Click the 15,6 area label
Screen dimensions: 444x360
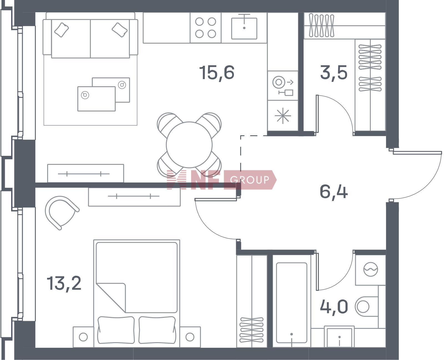(x=217, y=72)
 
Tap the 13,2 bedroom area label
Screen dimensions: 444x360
(x=64, y=284)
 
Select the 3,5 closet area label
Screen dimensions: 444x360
(x=334, y=72)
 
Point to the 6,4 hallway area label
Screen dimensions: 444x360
(x=334, y=192)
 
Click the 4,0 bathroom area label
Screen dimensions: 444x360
(x=334, y=306)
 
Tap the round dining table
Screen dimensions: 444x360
(x=189, y=145)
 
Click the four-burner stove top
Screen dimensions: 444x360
(x=206, y=28)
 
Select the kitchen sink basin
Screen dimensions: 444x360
(x=244, y=28)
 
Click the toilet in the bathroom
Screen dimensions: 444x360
(x=367, y=307)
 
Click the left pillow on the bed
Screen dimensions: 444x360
(x=116, y=330)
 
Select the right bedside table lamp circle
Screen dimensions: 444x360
(x=190, y=337)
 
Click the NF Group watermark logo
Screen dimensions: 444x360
(x=221, y=180)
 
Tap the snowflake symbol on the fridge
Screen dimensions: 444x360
(x=283, y=116)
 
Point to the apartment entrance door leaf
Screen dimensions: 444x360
(x=417, y=153)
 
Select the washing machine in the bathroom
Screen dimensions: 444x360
(x=370, y=270)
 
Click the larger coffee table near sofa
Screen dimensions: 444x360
(x=96, y=99)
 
